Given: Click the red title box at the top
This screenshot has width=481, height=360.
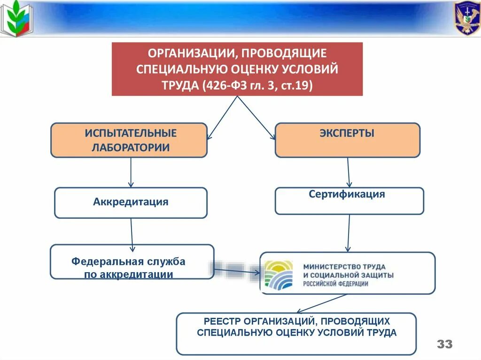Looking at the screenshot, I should (237, 69).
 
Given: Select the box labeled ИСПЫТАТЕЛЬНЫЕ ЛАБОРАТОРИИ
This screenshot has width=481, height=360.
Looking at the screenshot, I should (129, 140).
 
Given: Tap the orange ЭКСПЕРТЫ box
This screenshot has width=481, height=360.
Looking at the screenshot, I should (347, 140).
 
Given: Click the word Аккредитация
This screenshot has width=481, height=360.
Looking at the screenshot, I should (131, 202).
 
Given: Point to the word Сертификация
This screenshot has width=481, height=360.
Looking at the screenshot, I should (347, 194).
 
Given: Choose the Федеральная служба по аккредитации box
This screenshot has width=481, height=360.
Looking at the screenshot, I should (132, 262).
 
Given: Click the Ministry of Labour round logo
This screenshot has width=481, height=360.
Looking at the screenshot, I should (278, 274).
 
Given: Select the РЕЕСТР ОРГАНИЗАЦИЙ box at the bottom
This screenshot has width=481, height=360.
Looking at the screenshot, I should (296, 334).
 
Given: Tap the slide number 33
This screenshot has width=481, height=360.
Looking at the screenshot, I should (444, 344).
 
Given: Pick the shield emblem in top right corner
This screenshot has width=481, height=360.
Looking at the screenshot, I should (466, 18).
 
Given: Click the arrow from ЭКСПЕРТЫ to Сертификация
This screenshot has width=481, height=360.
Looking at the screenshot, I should (349, 172).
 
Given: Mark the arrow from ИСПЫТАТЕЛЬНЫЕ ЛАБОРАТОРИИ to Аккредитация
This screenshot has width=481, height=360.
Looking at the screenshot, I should (131, 172).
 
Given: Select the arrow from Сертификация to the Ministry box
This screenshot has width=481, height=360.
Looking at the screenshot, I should (349, 233).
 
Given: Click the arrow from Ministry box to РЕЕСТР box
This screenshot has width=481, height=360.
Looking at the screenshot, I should (322, 303).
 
